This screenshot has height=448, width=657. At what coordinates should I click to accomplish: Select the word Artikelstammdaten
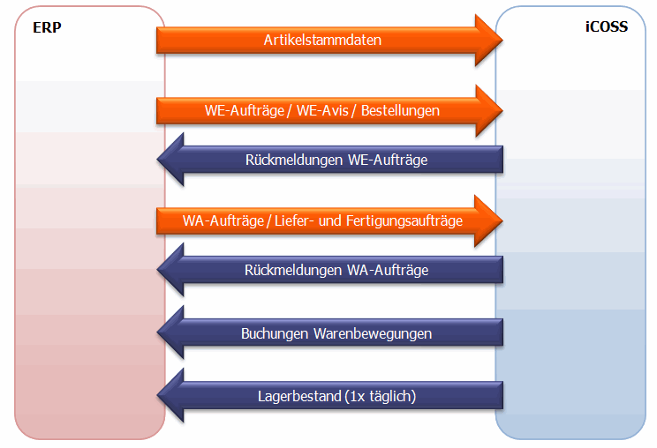pyautogui.click(x=322, y=40)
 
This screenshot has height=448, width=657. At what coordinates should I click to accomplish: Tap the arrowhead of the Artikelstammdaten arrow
pyautogui.click(x=488, y=40)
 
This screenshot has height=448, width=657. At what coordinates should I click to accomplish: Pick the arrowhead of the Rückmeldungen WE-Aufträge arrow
pyautogui.click(x=170, y=160)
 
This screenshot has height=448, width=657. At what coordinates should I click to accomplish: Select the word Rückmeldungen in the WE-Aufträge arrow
pyautogui.click(x=288, y=160)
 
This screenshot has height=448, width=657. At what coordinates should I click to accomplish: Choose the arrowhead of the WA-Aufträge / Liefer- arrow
pyautogui.click(x=488, y=220)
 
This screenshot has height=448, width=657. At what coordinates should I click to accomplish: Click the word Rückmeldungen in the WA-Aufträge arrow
pyautogui.click(x=288, y=270)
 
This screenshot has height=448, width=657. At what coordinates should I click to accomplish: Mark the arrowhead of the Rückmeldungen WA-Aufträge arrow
pyautogui.click(x=170, y=270)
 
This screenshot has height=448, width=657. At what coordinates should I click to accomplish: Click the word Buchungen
pyautogui.click(x=274, y=333)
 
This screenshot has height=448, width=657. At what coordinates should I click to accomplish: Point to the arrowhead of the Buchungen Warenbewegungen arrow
pyautogui.click(x=170, y=333)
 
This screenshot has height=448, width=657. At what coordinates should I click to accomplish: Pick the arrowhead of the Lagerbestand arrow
pyautogui.click(x=170, y=397)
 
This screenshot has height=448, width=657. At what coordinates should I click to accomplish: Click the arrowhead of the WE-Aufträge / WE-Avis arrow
pyautogui.click(x=488, y=111)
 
